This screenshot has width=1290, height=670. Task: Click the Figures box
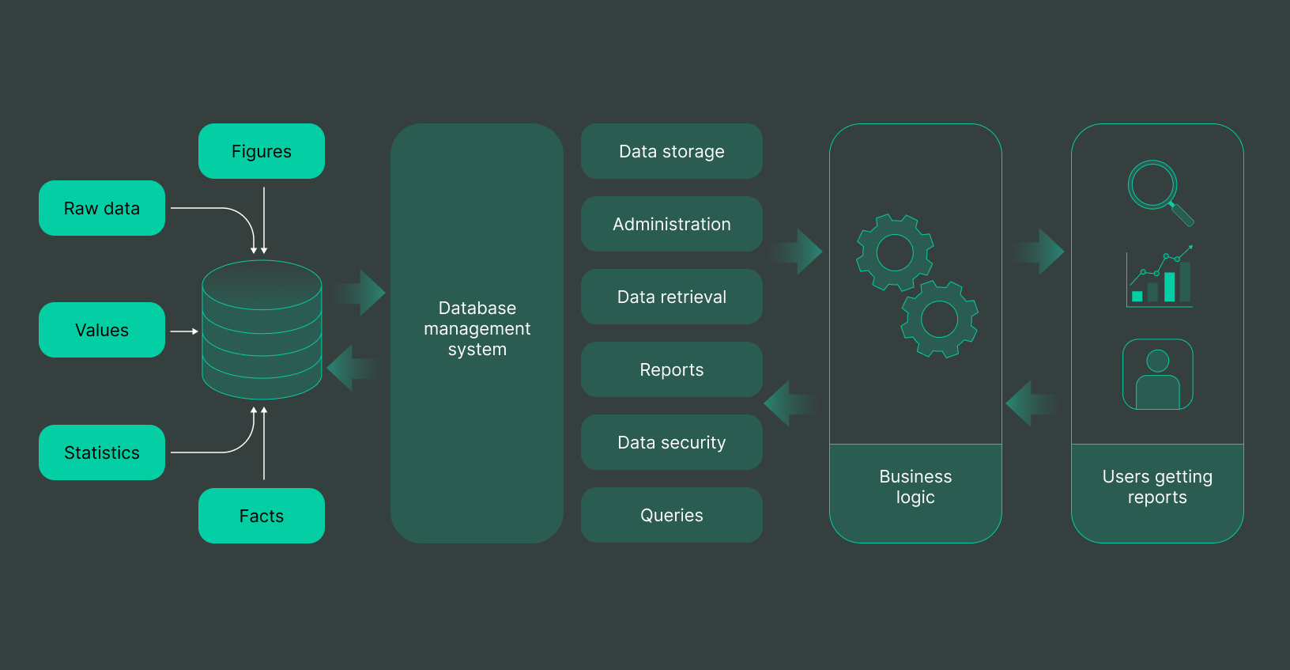(262, 151)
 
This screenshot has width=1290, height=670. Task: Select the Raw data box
(102, 208)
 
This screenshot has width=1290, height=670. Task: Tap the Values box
(102, 330)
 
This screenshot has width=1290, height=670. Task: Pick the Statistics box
(102, 452)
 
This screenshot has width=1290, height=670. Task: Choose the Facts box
(262, 516)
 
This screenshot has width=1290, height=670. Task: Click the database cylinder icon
(262, 330)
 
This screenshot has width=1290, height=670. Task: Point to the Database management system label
(477, 329)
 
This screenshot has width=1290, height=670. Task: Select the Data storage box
(671, 151)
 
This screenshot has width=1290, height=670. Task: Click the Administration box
(671, 224)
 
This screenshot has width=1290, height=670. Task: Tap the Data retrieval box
(671, 297)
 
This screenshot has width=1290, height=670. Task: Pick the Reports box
(671, 369)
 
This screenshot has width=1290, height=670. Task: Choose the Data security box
(671, 442)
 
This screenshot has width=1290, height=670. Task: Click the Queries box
(671, 515)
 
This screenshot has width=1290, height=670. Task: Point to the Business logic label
(915, 487)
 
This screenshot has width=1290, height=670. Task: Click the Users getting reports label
(1157, 487)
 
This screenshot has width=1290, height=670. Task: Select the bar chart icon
(1160, 277)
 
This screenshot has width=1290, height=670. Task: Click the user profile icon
(1158, 374)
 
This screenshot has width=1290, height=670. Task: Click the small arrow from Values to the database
(184, 331)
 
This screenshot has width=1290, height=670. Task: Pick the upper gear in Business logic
(895, 253)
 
